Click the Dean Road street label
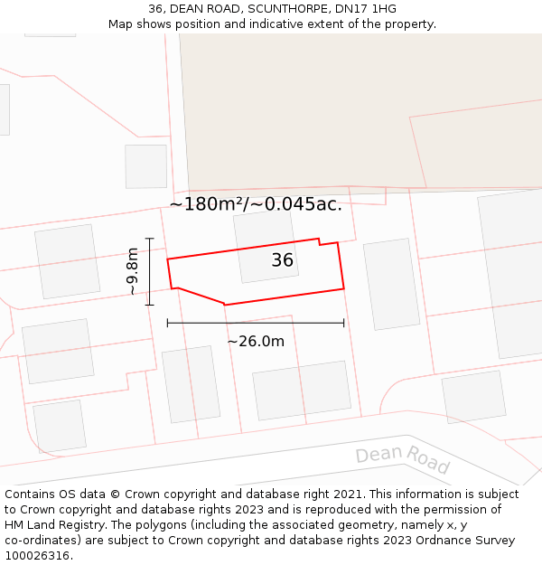tap(402, 459)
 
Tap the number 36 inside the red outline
tap(283, 260)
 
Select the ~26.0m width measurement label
tap(256, 341)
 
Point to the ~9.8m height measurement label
tap(133, 271)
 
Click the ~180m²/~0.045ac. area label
tap(256, 204)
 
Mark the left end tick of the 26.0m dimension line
tap(168, 323)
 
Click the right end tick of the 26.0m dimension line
tap(344, 323)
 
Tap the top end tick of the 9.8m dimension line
tap(150, 239)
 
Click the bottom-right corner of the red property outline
tap(344, 289)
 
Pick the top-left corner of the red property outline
tap(168, 259)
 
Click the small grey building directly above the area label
tap(145, 166)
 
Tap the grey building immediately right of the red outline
tap(391, 284)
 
